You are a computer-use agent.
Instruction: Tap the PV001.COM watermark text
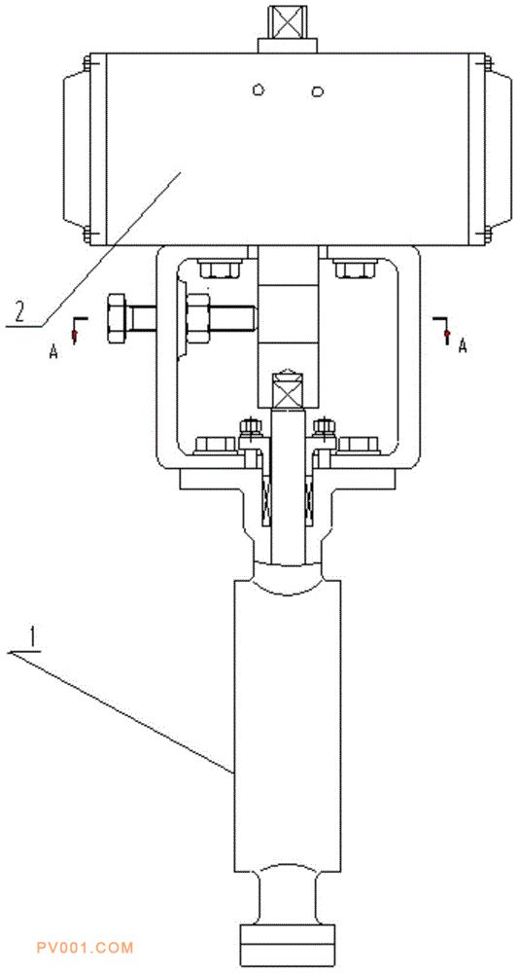click(x=85, y=948)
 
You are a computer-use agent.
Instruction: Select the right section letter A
click(x=462, y=347)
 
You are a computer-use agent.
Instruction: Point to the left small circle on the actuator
click(x=259, y=90)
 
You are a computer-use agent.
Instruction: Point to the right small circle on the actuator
click(x=318, y=91)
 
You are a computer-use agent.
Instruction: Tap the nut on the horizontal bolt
click(x=199, y=318)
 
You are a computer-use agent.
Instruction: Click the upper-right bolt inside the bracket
click(x=355, y=269)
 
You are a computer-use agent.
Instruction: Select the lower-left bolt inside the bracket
click(x=216, y=445)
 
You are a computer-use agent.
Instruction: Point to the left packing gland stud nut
click(x=250, y=427)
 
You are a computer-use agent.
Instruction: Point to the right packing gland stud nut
click(x=324, y=427)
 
